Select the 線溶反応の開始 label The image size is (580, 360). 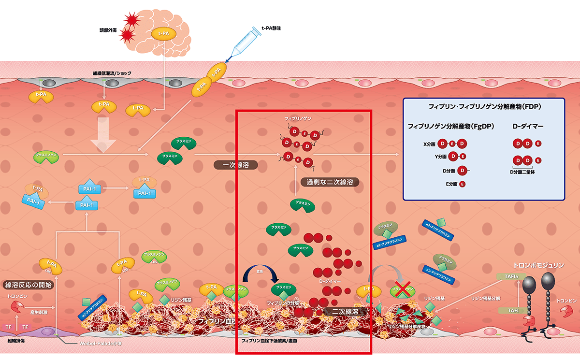28,285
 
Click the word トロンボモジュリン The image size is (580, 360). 541,265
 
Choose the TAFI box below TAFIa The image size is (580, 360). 513,311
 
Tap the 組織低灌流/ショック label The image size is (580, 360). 112,73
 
